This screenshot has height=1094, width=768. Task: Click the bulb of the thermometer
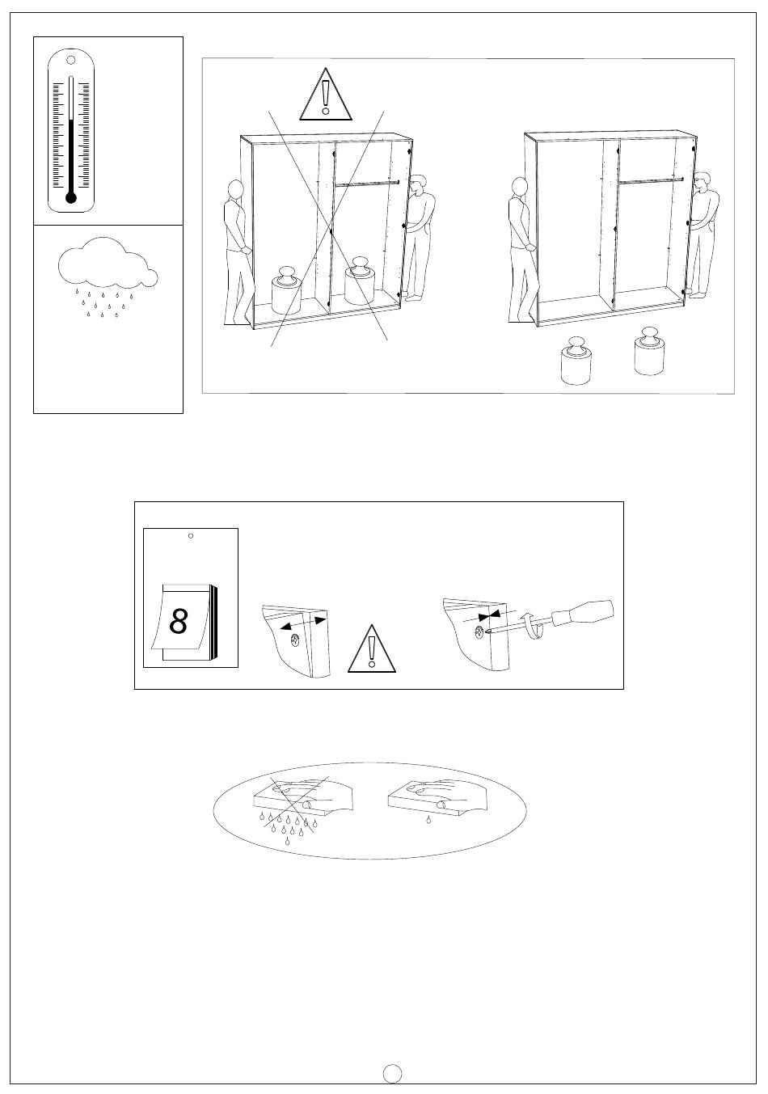point(71,198)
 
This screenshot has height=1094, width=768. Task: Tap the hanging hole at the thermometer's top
point(71,60)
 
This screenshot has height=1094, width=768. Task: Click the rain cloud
point(108,262)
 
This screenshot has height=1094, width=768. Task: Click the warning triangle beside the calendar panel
point(372,648)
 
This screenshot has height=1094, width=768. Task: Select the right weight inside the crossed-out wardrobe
point(360,281)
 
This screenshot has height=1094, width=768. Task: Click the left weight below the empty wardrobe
point(576,361)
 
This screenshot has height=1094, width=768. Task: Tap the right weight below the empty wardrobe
point(649,351)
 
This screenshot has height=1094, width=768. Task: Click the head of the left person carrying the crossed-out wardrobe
point(235,189)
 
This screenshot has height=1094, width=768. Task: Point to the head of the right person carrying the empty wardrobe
point(702,180)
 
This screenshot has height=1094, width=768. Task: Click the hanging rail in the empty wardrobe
point(650,181)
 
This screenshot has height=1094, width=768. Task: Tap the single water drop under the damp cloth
point(428,819)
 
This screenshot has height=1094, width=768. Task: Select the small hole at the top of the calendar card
point(191,536)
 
